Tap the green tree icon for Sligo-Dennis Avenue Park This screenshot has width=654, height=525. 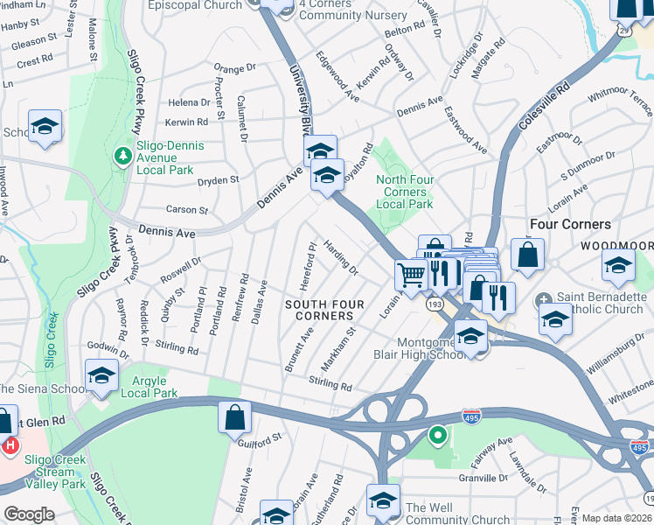[x=123, y=156]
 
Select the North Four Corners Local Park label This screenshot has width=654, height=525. [x=404, y=192]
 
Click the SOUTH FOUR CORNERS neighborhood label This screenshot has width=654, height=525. [x=318, y=310]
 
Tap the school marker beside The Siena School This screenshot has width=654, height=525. [x=102, y=375]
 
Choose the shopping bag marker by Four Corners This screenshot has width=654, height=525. [x=528, y=255]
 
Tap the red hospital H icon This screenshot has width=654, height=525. [x=9, y=445]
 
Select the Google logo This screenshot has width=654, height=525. [x=29, y=514]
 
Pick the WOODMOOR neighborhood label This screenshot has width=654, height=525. [x=617, y=246]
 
